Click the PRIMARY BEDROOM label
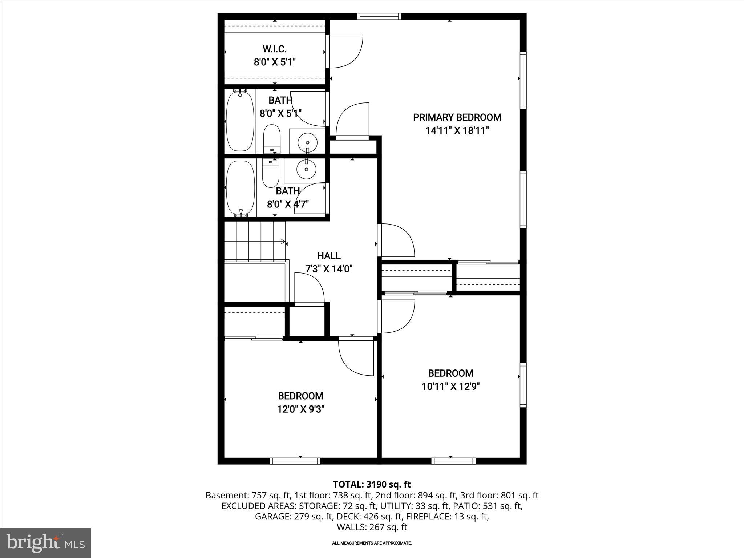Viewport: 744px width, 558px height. click(x=457, y=117)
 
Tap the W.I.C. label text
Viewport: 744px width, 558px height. click(x=275, y=49)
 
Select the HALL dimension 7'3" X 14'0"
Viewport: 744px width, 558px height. click(x=329, y=269)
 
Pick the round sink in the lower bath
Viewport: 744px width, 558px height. click(x=306, y=169)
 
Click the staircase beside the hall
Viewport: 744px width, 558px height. click(x=254, y=242)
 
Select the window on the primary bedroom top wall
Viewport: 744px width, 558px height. click(x=379, y=16)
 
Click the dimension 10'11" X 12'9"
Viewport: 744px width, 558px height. click(x=450, y=386)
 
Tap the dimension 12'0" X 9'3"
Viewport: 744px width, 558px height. click(x=300, y=409)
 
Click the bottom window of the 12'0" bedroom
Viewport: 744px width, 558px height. click(x=295, y=461)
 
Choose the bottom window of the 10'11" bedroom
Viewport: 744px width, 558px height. click(x=453, y=461)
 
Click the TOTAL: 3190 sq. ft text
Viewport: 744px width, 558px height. click(x=372, y=484)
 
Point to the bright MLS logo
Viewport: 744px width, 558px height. click(x=45, y=543)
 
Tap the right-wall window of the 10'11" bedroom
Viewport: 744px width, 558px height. click(x=523, y=385)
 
